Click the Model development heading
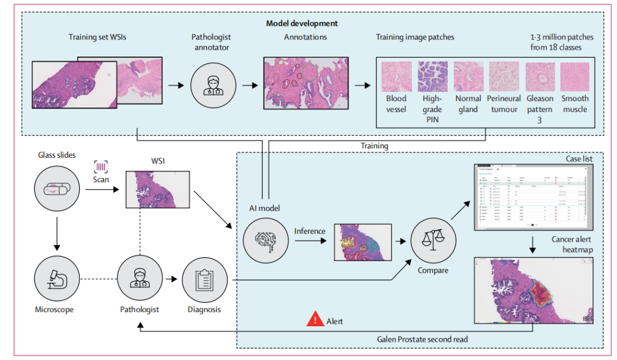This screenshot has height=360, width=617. [x=302, y=23]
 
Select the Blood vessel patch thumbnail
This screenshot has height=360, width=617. [x=396, y=77]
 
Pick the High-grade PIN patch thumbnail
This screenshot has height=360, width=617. [x=432, y=77]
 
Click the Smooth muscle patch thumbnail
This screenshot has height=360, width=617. [x=575, y=77]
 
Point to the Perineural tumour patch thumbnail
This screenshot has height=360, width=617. [x=504, y=77]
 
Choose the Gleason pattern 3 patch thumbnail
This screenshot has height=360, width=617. [x=540, y=77]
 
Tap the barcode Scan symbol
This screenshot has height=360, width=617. [x=101, y=167]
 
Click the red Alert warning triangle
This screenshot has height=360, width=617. [x=315, y=319]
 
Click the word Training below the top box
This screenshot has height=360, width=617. [x=374, y=146]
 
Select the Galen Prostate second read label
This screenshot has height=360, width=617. [x=422, y=339]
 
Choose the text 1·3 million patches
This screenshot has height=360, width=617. [x=562, y=37]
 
